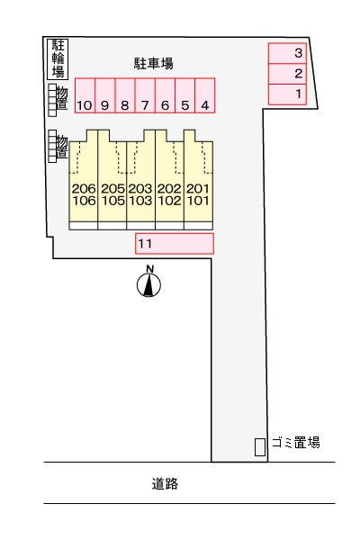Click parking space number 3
point(287,53)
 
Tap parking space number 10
point(85,95)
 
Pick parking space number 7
point(145,95)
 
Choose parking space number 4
point(205,95)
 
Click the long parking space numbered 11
point(175,244)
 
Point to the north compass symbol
point(148,285)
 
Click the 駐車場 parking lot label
point(153,63)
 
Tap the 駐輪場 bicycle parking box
point(58,58)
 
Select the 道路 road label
point(165,484)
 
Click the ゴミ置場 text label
point(296,443)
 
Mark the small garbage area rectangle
point(260,447)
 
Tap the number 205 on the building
point(112,188)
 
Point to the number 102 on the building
point(169,201)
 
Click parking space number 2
point(287,74)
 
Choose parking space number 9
point(105,95)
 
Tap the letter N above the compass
point(149,269)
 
